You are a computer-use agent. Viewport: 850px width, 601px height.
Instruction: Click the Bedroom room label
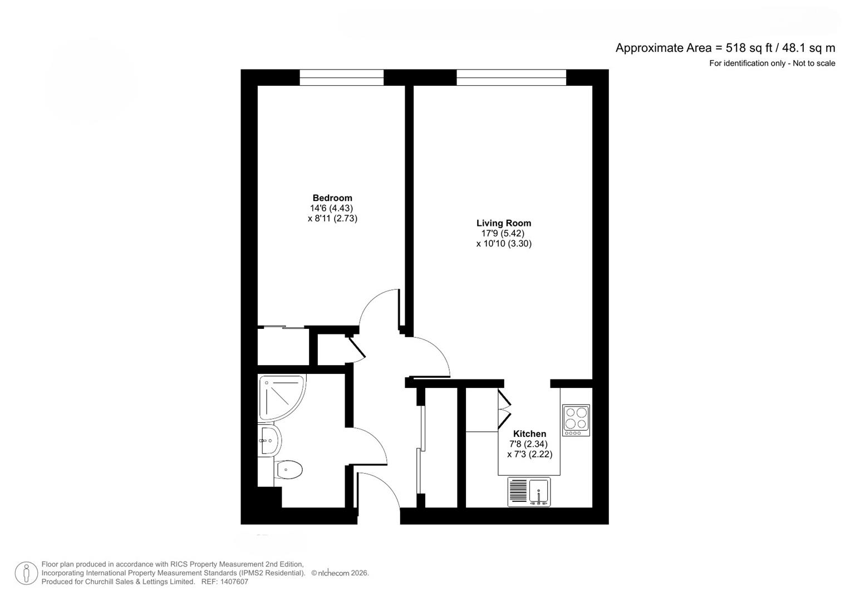pos(332,198)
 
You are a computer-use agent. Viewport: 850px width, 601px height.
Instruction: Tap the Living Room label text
pos(503,223)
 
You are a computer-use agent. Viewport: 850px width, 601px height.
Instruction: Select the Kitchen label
pos(529,433)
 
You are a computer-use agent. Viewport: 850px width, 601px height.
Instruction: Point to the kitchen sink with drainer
pos(529,492)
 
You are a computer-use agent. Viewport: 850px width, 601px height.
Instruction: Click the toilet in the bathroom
pos(289,470)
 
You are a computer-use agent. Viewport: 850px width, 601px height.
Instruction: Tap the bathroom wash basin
pos(269,441)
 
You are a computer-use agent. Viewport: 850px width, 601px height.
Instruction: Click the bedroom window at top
pos(341,77)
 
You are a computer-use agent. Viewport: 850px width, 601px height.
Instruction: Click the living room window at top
pos(511,77)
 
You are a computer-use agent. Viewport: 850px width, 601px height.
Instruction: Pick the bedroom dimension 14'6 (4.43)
pos(332,208)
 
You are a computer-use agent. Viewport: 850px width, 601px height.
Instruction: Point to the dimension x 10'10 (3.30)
pos(504,243)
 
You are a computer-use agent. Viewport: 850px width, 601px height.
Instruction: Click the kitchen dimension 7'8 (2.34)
pos(528,444)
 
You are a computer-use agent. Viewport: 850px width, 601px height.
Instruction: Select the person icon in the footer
pos(26,573)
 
